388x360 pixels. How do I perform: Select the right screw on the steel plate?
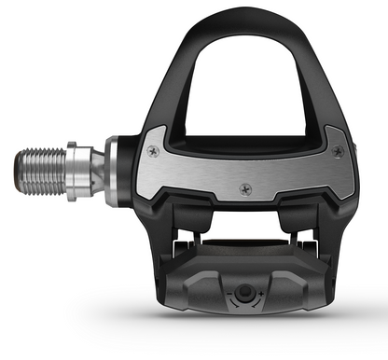point(337,150)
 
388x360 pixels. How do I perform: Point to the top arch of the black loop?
point(244,20)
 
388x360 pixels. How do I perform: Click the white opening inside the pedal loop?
point(244,84)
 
